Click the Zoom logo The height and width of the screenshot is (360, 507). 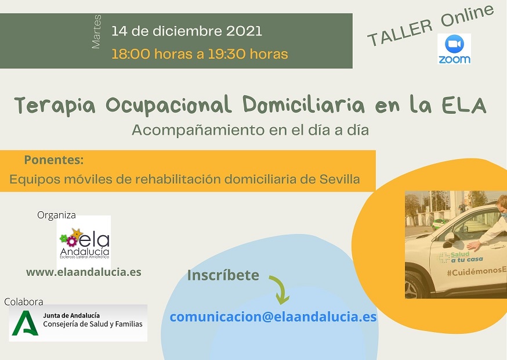point(454,49)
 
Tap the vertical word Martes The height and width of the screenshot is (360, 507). point(96,32)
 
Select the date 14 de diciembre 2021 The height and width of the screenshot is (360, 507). point(187,31)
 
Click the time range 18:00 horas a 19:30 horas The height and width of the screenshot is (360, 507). point(200,54)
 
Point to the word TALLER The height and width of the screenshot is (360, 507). point(400,32)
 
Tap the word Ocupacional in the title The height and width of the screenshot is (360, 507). point(168,105)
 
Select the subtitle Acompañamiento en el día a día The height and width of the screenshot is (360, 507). point(250,131)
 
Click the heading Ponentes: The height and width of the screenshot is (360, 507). point(54,160)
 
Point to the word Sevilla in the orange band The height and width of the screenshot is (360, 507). point(339,179)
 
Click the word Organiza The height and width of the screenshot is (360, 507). point(56,215)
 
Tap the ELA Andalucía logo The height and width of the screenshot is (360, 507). point(84,243)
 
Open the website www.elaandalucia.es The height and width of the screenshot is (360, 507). point(84,272)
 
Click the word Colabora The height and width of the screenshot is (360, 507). point(24,302)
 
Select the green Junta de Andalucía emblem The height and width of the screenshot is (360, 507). point(25,323)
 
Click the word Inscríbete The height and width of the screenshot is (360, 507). point(223,275)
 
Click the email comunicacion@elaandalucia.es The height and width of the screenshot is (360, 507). point(273,316)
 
